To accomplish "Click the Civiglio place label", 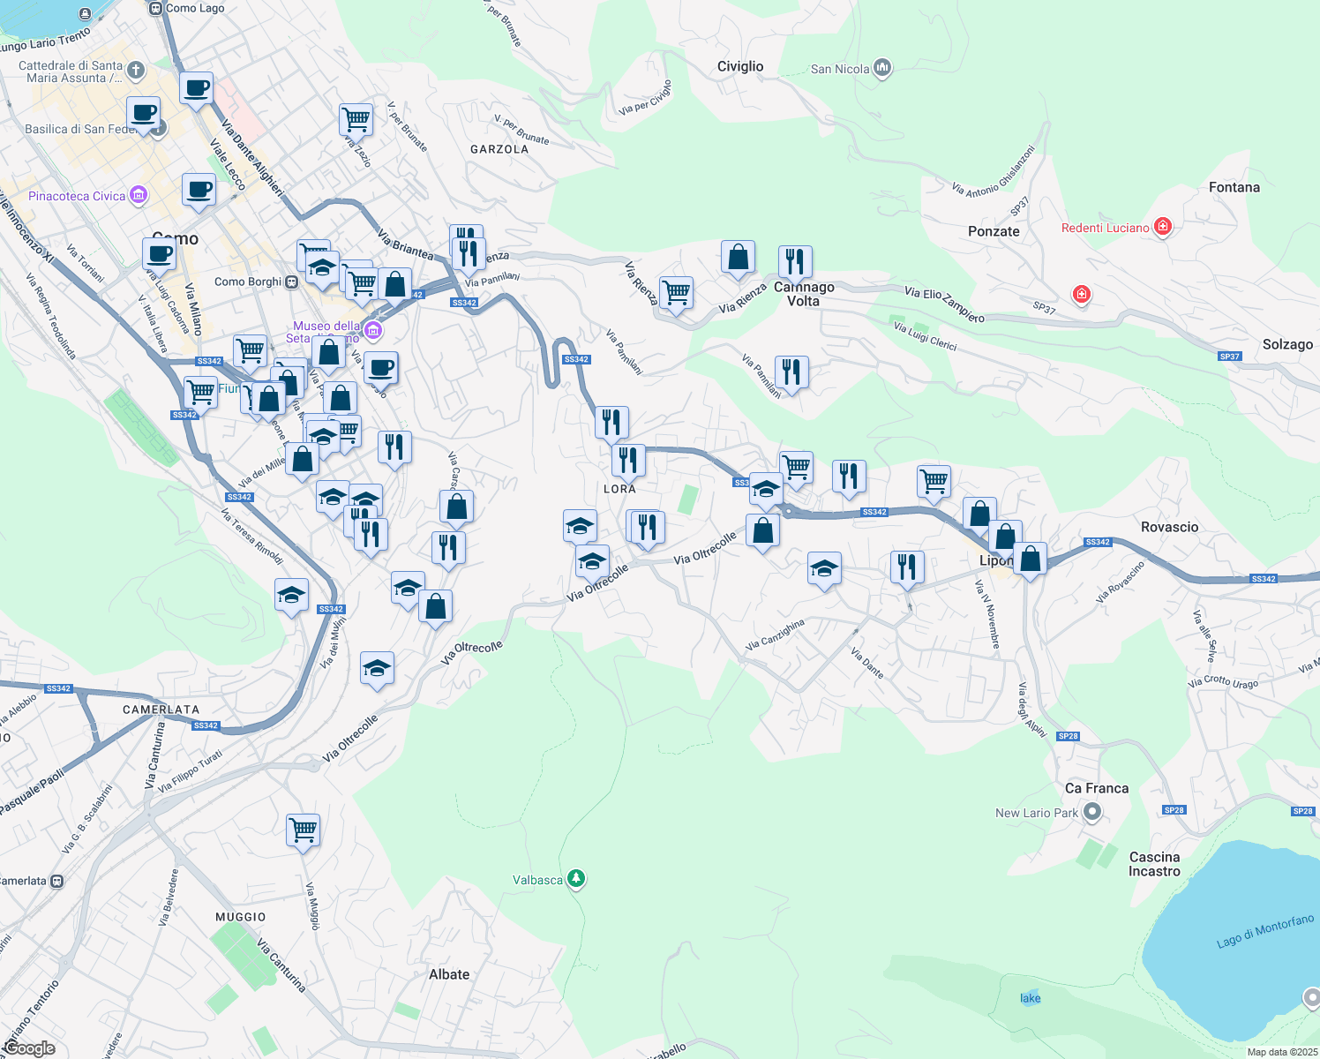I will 739,67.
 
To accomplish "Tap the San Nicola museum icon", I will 882,68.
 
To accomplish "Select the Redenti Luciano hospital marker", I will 1163,227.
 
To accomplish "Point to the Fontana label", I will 1234,187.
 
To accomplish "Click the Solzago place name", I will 1286,344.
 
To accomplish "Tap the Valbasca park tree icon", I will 576,879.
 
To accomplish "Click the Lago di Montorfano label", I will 1264,932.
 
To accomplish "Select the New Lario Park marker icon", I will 1093,813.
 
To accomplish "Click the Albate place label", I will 449,974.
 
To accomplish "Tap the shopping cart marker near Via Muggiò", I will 303,830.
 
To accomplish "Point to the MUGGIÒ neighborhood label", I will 241,917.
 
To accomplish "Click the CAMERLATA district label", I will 161,710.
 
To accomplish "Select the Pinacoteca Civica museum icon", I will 139,195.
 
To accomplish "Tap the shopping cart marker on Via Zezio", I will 356,119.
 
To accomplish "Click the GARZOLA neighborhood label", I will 499,149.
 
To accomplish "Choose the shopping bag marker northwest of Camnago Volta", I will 738,257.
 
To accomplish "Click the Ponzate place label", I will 994,231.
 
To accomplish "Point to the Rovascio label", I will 1169,527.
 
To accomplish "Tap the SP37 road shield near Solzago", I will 1229,357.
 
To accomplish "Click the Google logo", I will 29,1048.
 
